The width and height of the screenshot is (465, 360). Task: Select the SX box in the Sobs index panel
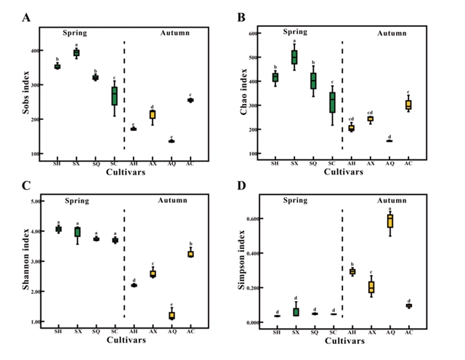point(76,52)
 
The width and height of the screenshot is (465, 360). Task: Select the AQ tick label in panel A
point(171,164)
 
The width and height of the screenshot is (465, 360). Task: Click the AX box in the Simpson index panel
point(371,287)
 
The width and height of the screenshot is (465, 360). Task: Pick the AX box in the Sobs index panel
point(153,114)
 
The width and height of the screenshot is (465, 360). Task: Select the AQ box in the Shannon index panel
point(172,315)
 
